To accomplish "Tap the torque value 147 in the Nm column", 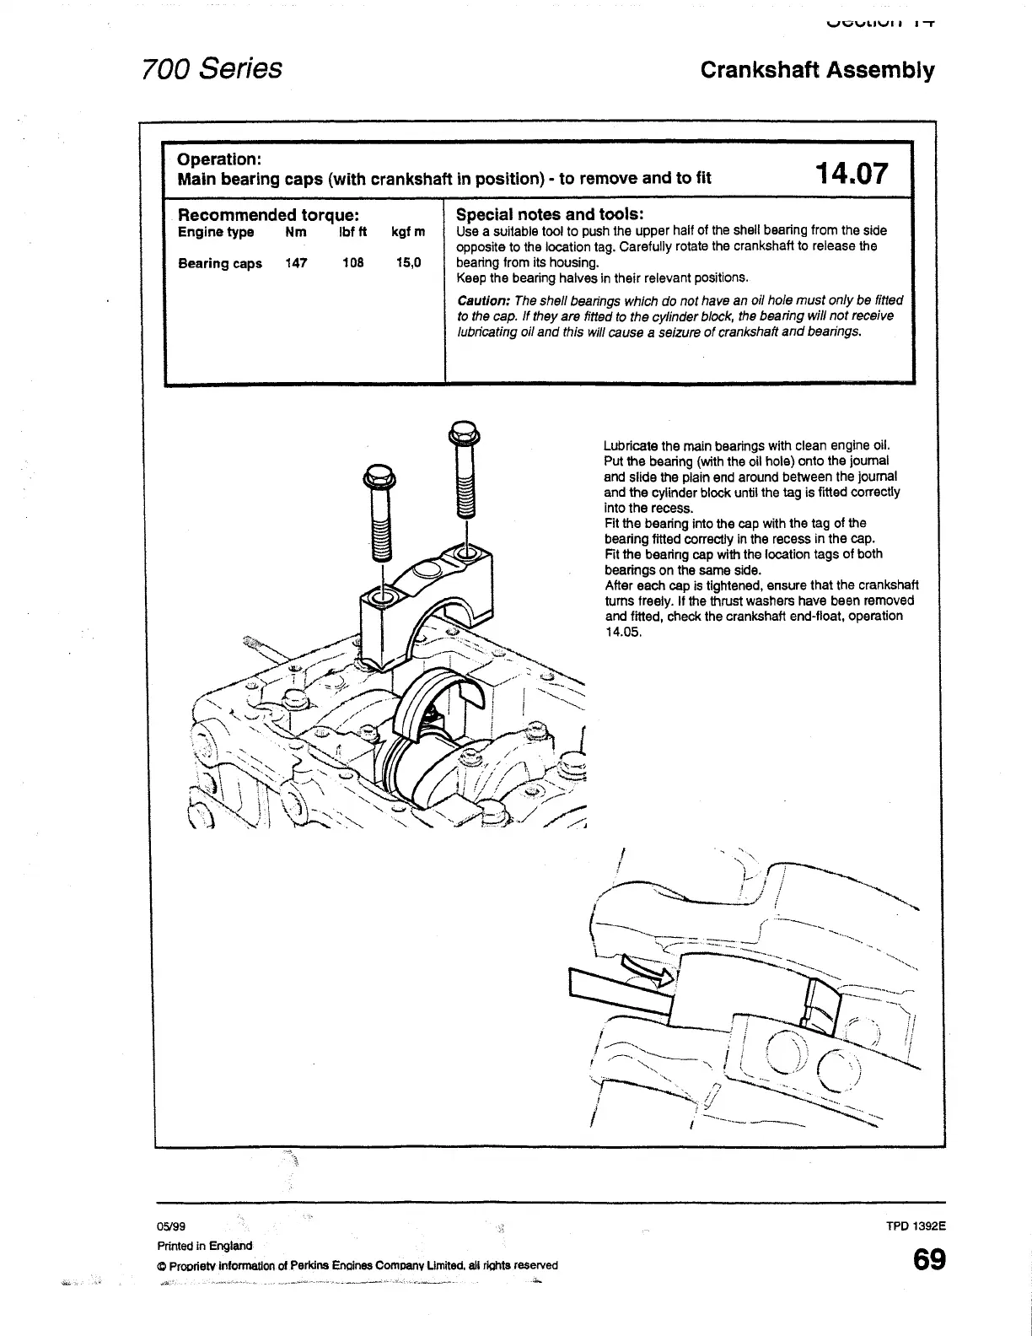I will click(296, 263).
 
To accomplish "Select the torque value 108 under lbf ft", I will click(352, 263).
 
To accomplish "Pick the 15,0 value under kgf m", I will click(408, 263).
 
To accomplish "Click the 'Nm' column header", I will click(296, 232).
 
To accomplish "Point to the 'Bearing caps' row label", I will click(219, 263).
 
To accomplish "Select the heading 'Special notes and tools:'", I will click(550, 214).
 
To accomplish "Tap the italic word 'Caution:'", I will click(483, 300).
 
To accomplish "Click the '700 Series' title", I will click(212, 67).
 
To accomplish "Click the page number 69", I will click(928, 1261).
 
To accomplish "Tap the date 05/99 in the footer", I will click(169, 1228).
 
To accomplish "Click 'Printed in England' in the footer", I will click(205, 1246).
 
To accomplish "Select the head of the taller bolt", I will click(465, 434).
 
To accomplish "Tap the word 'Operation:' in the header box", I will click(218, 159).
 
